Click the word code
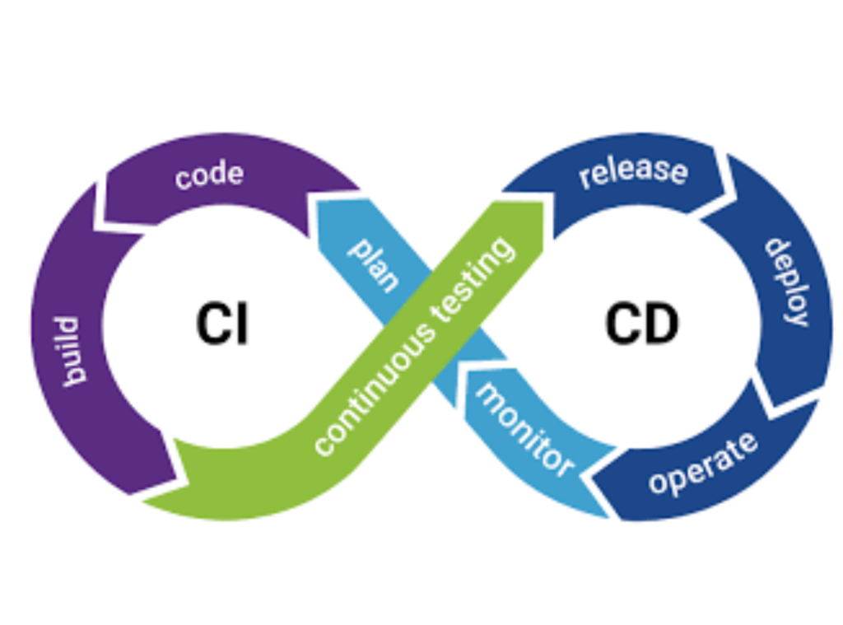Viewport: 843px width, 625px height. click(x=209, y=175)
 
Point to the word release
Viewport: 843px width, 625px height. click(x=632, y=172)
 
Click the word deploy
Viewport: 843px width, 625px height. click(x=787, y=282)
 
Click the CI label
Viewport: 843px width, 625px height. click(x=222, y=324)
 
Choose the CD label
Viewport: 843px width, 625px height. click(x=641, y=324)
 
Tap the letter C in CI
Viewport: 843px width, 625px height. click(x=210, y=324)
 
